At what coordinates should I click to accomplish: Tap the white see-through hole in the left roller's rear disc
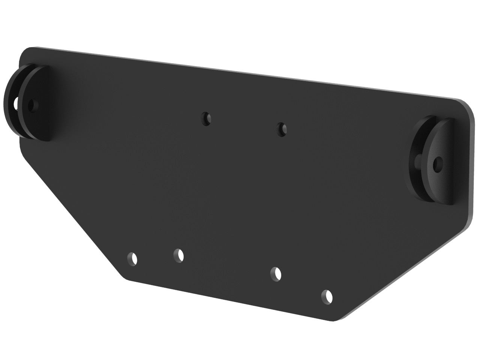(16, 102)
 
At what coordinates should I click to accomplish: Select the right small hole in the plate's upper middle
(281, 129)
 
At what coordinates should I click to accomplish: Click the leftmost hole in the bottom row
(132, 258)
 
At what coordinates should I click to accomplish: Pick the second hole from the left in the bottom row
(179, 256)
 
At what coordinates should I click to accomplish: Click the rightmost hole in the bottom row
(327, 297)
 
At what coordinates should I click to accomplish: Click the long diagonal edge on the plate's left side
(71, 210)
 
